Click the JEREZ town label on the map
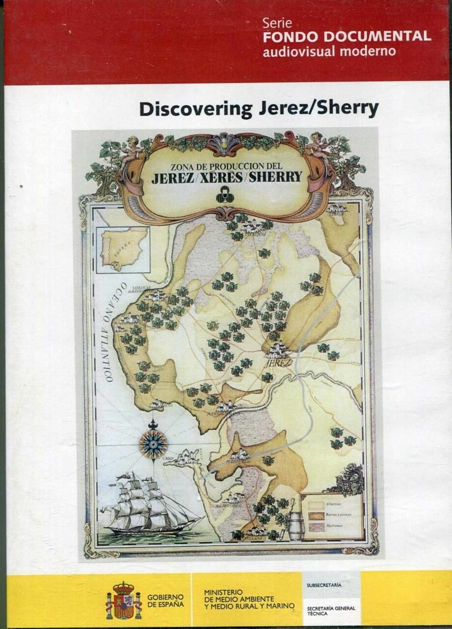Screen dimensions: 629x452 (277, 363)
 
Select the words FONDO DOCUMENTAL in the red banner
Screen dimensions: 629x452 (347, 37)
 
